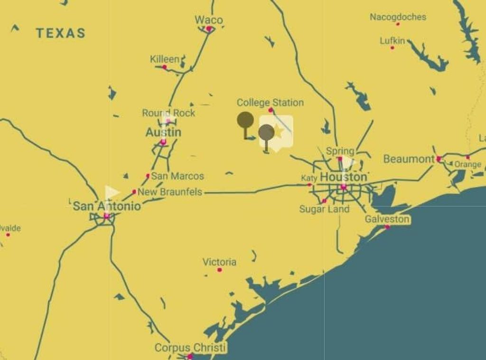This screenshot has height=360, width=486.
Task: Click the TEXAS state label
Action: [61, 33]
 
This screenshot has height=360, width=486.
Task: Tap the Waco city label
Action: [208, 20]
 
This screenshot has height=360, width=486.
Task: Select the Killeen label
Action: [165, 59]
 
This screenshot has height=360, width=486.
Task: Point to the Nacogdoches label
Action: [398, 17]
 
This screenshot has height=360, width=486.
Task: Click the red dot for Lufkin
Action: [393, 47]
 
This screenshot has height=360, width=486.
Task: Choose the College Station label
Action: [270, 102]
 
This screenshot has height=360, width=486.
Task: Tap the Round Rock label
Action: [168, 113]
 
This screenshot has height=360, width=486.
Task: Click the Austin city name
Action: [163, 132]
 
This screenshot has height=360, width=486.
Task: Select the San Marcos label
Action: [178, 176]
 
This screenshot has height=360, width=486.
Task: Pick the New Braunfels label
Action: [169, 192]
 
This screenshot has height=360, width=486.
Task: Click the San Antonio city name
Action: [107, 206]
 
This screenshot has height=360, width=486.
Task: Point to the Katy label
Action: [309, 178]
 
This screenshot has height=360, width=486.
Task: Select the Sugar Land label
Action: [324, 209]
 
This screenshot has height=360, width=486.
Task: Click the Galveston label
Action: [387, 219]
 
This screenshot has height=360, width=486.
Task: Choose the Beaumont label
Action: [409, 159]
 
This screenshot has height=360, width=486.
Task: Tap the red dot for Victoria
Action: [220, 270]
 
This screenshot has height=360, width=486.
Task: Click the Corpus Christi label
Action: [190, 348]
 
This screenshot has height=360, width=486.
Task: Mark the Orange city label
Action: [467, 164]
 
